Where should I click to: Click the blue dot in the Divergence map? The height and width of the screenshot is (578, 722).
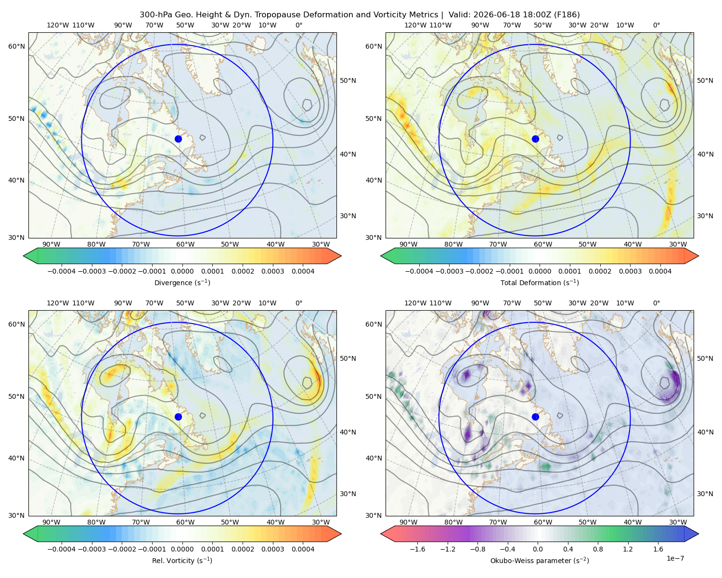click(178, 139)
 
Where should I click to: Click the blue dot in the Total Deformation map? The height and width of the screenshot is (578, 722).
click(535, 139)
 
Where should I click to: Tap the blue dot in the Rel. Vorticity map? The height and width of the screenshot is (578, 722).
click(178, 417)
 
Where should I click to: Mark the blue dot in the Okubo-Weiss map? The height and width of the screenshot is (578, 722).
click(535, 417)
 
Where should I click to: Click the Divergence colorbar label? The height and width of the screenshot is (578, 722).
click(182, 282)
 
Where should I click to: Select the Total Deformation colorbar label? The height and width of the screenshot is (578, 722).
click(540, 282)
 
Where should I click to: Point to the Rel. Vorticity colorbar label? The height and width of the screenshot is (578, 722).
click(182, 560)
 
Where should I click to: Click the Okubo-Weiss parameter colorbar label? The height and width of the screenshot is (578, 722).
click(540, 560)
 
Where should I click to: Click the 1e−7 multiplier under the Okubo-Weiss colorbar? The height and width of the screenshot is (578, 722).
click(675, 558)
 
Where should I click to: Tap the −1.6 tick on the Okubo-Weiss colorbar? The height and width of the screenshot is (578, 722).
click(417, 549)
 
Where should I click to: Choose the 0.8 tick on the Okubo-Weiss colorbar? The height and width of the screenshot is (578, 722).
click(598, 549)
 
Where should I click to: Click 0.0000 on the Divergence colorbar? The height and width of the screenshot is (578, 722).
click(182, 271)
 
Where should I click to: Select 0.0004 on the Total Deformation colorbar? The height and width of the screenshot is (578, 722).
click(660, 271)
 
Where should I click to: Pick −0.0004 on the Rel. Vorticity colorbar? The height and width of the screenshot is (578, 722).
click(62, 549)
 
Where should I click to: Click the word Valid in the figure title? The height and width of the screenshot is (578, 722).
click(458, 15)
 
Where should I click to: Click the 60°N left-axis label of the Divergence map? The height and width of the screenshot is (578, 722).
click(16, 46)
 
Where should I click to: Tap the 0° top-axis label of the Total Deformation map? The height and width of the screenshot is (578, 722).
click(656, 25)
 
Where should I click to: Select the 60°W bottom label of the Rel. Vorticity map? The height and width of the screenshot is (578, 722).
click(185, 522)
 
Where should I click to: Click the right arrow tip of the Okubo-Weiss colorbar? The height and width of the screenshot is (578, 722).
click(698, 534)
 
